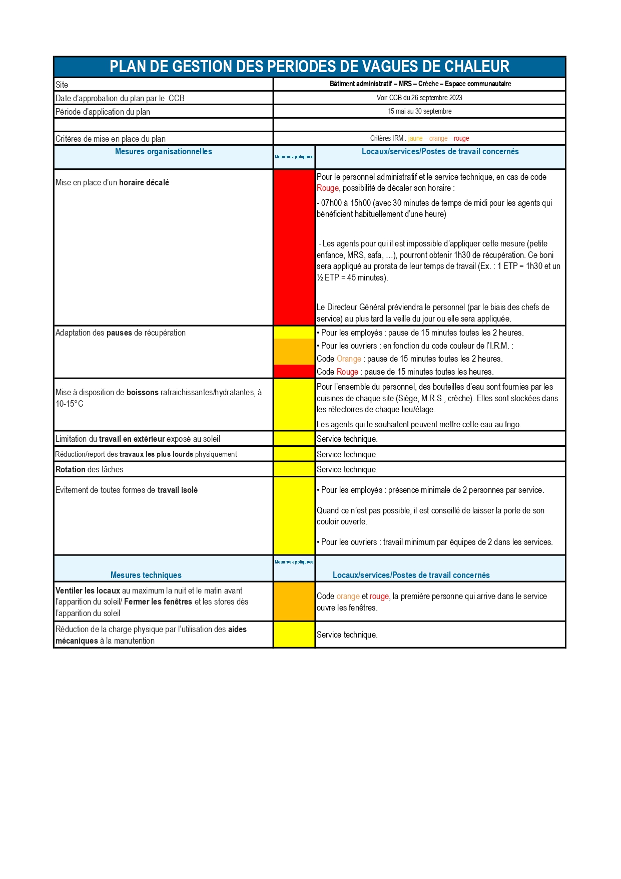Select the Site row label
tap(62, 85)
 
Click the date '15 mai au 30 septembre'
tap(419, 111)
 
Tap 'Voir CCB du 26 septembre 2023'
tap(419, 98)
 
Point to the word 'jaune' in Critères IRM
tap(415, 139)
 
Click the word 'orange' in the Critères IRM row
tap(438, 139)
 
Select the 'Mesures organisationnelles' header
tap(163, 152)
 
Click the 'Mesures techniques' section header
tap(146, 575)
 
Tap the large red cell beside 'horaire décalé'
tap(294, 247)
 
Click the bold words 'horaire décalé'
tap(144, 183)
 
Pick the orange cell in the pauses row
tap(294, 352)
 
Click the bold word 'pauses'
tap(119, 333)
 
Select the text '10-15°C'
tap(70, 404)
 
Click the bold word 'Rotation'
tap(71, 469)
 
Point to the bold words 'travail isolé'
tap(178, 490)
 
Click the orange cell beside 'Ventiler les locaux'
tap(294, 602)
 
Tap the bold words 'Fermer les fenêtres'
tap(158, 602)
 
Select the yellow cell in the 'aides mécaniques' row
tap(294, 635)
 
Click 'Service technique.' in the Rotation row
tap(347, 469)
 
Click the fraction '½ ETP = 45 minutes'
tap(351, 277)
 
